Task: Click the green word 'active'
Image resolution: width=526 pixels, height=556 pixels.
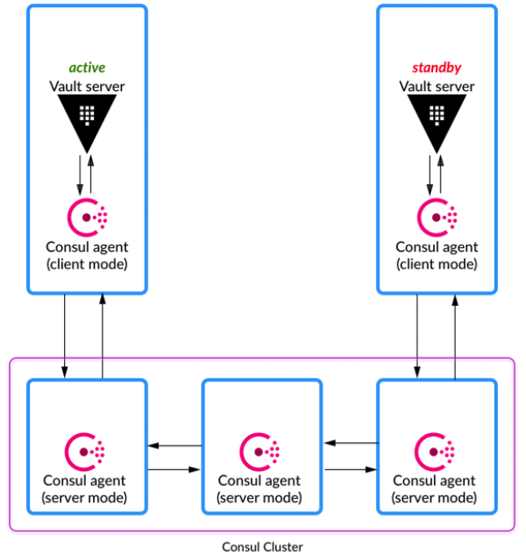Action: click(87, 68)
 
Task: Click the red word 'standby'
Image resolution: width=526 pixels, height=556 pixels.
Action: click(437, 68)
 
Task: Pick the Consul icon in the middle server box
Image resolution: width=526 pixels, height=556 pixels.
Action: click(262, 451)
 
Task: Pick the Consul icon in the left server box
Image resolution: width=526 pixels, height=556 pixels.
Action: click(87, 451)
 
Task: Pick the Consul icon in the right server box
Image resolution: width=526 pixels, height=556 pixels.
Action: click(437, 451)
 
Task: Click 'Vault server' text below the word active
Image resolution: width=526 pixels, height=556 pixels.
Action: click(87, 86)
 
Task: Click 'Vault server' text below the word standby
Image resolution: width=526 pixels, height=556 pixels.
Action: click(437, 86)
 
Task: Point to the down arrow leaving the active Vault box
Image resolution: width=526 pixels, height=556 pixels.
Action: click(66, 333)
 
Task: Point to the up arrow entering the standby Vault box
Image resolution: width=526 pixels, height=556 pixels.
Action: click(455, 333)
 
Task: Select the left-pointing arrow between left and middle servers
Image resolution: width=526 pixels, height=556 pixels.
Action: click(174, 446)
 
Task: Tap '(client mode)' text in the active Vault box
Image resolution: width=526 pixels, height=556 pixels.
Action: click(87, 263)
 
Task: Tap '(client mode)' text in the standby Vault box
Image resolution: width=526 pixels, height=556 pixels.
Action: click(437, 263)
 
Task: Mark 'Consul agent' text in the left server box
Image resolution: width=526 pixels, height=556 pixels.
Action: click(87, 481)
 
